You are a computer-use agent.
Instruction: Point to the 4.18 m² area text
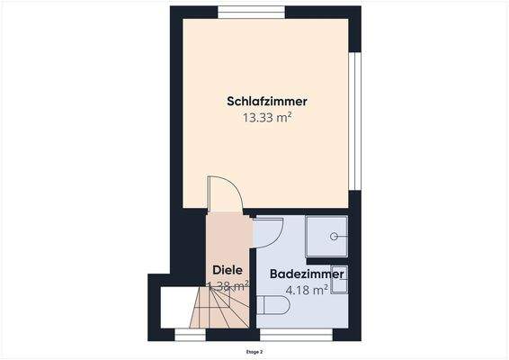point(305,290)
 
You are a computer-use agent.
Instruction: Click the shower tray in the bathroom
point(329,239)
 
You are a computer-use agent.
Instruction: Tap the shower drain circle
point(335,237)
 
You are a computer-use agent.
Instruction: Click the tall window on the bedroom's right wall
point(355,121)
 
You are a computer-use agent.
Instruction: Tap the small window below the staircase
point(190,335)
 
